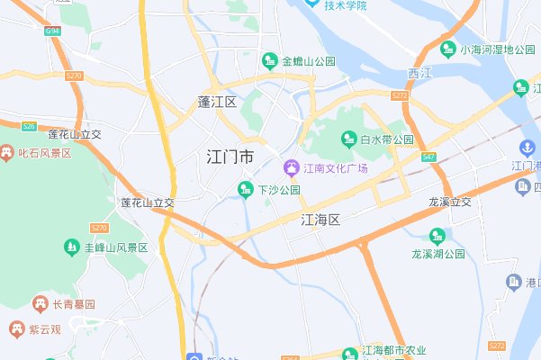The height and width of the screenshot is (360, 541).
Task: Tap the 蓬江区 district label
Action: (217, 102)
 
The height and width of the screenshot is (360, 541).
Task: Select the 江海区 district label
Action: (320, 219)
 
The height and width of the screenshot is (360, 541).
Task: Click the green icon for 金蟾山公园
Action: (269, 61)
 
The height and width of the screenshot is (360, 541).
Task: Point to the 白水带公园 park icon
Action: (348, 139)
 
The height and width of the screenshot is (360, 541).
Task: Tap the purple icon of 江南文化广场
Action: (291, 168)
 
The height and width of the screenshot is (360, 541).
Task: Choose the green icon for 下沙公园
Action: (245, 189)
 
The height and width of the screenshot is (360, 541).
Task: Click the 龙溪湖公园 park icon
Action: (437, 237)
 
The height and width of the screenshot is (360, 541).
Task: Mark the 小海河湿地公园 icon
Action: (448, 49)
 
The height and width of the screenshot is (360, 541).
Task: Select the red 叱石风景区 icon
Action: (7, 153)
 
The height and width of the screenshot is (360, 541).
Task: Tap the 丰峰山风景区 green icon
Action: (70, 247)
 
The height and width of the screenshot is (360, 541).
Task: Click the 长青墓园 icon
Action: (40, 303)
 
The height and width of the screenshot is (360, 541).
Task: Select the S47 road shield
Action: (428, 157)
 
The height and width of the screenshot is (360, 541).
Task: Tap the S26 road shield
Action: (29, 126)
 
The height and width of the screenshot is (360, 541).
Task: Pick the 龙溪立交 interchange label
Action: (450, 202)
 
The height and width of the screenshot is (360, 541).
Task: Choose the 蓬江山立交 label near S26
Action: (75, 134)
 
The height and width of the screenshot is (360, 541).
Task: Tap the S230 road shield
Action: (74, 76)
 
